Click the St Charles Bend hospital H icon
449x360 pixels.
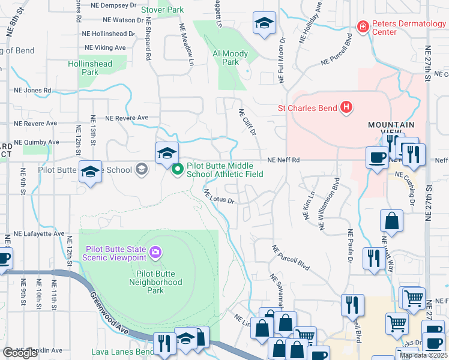[346, 108]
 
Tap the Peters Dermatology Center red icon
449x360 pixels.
[362, 26]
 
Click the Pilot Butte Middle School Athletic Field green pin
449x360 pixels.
[178, 170]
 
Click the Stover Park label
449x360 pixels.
[162, 10]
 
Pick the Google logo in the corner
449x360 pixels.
[20, 353]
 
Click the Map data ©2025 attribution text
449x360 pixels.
[423, 355]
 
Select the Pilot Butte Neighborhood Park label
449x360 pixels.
[155, 286]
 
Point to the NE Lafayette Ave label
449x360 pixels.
[38, 233]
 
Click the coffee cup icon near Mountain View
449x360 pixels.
[376, 157]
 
